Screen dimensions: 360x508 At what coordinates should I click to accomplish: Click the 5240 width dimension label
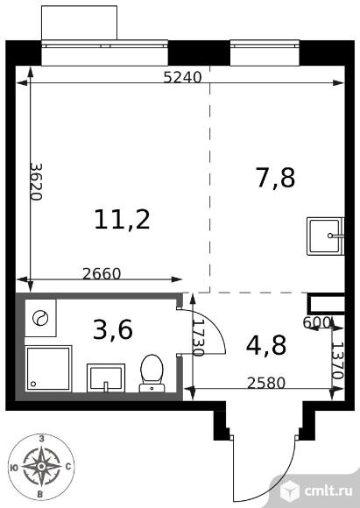coord(182,77)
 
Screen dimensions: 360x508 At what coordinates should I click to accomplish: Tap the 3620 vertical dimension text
coord(36,182)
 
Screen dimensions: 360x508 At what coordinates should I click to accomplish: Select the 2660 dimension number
coord(102,274)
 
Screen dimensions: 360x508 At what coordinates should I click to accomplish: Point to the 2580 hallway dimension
coord(266,384)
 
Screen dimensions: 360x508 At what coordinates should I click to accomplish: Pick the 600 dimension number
coord(316,322)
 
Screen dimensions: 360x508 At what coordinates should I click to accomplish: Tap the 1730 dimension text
coord(198,338)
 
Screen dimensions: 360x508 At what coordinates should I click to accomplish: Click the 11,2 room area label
coord(122,219)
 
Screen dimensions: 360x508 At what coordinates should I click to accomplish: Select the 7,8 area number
coord(276,178)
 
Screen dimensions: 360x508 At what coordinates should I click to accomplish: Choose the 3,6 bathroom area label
coord(113,330)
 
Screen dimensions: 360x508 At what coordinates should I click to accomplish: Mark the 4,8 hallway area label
coord(266,345)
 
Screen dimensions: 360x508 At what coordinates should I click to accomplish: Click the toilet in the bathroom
coord(152,373)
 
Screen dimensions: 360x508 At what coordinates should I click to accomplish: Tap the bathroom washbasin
coord(106,378)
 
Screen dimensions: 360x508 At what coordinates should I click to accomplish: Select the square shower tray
coord(48,369)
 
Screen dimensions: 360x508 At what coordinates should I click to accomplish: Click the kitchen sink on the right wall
coord(325,236)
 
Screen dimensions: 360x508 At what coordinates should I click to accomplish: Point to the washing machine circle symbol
coord(40,318)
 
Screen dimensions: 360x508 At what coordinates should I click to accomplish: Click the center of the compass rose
coord(41,466)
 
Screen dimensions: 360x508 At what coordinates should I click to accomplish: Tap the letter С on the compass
coord(68,467)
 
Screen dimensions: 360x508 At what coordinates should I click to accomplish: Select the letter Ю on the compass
coord(14,467)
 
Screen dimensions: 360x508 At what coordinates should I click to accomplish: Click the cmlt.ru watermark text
coord(328,490)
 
